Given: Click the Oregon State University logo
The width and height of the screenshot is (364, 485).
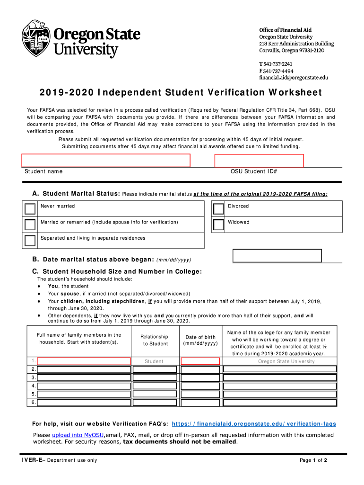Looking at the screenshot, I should [x=81, y=40].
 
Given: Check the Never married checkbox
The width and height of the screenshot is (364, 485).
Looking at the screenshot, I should [x=30, y=209].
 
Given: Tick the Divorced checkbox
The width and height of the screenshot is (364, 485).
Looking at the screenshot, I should [x=218, y=209].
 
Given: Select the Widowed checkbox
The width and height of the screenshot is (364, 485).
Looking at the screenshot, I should [x=218, y=225].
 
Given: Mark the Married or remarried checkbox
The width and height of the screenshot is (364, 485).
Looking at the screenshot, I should [x=30, y=225].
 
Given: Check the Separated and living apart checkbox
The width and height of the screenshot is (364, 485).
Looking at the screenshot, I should [x=30, y=240].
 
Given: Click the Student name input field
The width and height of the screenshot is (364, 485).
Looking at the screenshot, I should [x=106, y=161].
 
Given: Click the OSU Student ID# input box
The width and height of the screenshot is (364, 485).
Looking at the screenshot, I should [x=259, y=161].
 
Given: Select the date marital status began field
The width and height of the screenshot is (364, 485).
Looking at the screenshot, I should [x=277, y=256].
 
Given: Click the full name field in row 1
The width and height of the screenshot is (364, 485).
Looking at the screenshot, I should [x=84, y=361].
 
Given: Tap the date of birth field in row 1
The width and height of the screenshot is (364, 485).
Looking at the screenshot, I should [x=200, y=361].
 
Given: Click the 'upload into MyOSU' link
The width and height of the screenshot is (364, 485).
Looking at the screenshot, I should [x=78, y=435].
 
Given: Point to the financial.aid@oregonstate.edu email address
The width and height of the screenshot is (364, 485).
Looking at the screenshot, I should [x=293, y=77].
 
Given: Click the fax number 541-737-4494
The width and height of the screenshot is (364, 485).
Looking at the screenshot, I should [x=282, y=71].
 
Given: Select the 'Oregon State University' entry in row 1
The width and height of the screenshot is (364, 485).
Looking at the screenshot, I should [x=286, y=361].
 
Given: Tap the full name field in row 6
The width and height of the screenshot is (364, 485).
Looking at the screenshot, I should [x=84, y=403].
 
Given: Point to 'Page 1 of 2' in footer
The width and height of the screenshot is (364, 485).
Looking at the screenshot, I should [x=313, y=460].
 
